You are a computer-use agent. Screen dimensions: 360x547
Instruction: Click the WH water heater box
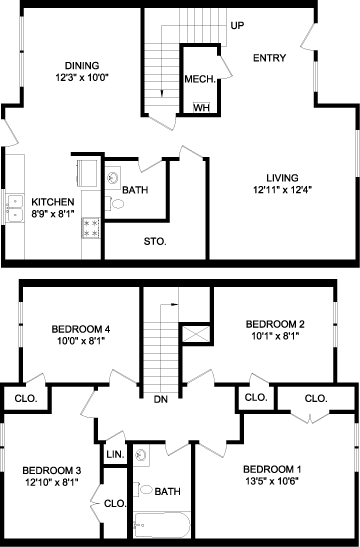coord(202,107)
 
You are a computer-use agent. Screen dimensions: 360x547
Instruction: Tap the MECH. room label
coord(200,79)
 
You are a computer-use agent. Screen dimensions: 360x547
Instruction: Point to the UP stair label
coord(237,25)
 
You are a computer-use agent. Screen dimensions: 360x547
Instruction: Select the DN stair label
coord(160,399)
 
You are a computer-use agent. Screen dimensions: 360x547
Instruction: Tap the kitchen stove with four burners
coord(91,228)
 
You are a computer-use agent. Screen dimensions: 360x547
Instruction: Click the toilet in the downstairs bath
coord(115,203)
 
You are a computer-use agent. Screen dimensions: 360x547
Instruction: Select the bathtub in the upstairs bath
coord(162,525)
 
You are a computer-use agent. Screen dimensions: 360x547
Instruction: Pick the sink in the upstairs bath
coord(141,455)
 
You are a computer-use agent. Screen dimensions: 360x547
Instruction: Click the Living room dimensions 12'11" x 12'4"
coord(282,190)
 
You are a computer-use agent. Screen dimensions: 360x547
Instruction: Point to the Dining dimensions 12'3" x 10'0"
coord(82,77)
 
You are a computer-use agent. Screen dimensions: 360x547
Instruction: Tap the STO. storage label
coord(155,241)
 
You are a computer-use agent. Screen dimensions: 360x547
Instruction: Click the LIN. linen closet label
coord(115,455)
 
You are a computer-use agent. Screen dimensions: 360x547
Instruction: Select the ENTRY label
coord(269,58)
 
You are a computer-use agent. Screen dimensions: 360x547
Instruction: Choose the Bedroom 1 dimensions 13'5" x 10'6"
coord(272,481)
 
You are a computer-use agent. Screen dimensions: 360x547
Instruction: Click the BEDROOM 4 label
coord(81,329)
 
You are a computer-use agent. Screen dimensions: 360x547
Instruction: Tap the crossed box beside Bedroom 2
coord(196,335)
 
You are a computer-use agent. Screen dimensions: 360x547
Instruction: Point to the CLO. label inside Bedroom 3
coord(115,503)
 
